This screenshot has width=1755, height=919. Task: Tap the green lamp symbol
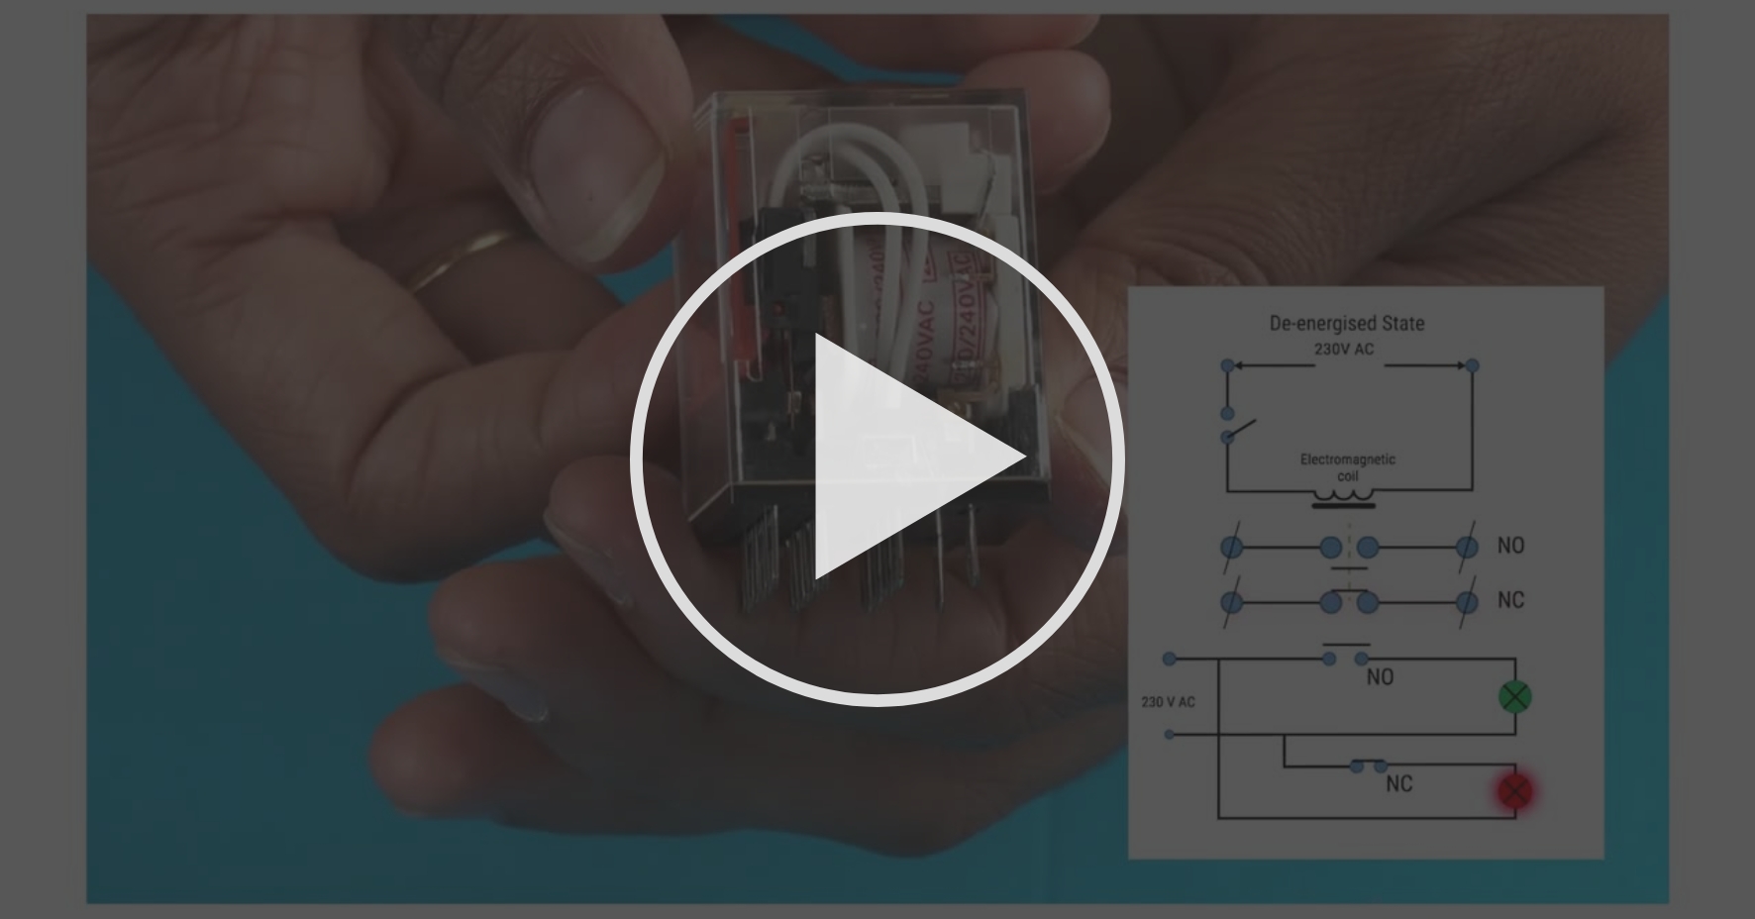(x=1514, y=697)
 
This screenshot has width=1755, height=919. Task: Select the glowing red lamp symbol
(x=1514, y=791)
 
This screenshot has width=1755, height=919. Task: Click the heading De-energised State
(x=1346, y=323)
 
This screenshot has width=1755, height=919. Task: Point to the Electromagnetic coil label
(x=1347, y=466)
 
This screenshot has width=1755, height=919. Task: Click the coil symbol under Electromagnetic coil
(x=1344, y=495)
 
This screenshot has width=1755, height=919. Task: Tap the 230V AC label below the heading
(x=1343, y=349)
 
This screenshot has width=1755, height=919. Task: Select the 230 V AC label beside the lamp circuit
(x=1168, y=702)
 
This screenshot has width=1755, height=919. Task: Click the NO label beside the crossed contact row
(x=1510, y=546)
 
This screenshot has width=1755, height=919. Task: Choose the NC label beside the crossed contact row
(x=1510, y=600)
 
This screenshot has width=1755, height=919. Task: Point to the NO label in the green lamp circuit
(x=1380, y=677)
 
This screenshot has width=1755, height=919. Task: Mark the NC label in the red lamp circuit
(x=1398, y=784)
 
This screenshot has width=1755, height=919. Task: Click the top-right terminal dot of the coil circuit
(x=1472, y=365)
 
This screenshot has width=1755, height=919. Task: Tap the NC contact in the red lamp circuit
(x=1368, y=766)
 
